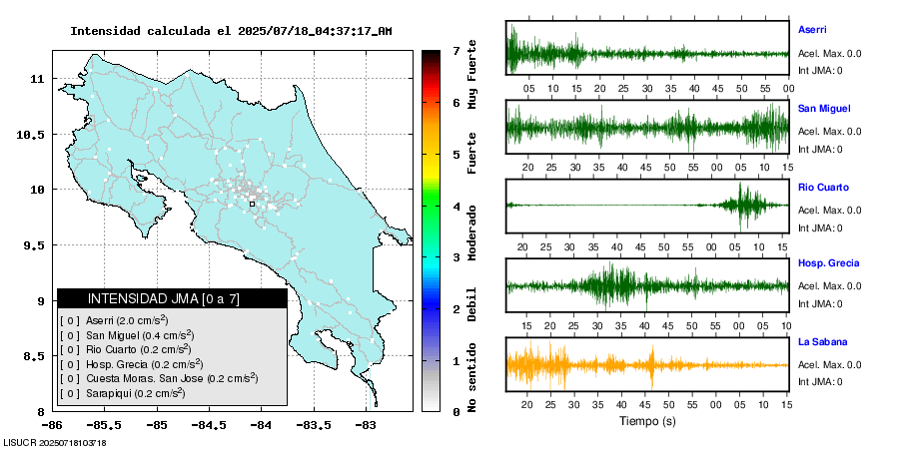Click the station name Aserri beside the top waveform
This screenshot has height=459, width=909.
point(812,30)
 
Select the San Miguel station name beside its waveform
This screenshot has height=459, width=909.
point(823,108)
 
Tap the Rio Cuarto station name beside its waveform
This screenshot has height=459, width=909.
point(823,187)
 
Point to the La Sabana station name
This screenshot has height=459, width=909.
point(822,341)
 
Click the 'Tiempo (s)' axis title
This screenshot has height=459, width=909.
point(647,421)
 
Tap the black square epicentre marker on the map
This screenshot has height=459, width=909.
point(252,204)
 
